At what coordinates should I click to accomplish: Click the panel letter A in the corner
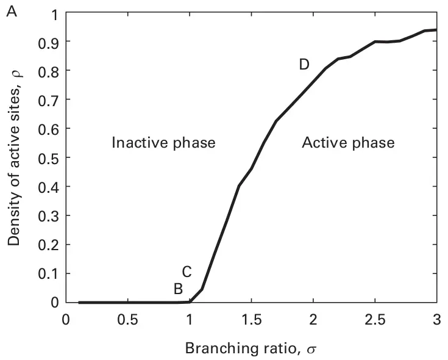coord(11,10)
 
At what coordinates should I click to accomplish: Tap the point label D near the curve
coord(304,65)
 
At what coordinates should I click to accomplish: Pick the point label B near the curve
coord(177,289)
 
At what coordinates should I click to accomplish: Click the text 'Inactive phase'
coord(163,143)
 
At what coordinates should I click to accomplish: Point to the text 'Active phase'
coord(348,143)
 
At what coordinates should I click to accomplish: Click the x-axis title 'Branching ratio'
coord(244,348)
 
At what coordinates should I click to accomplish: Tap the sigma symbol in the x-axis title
coord(313,350)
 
